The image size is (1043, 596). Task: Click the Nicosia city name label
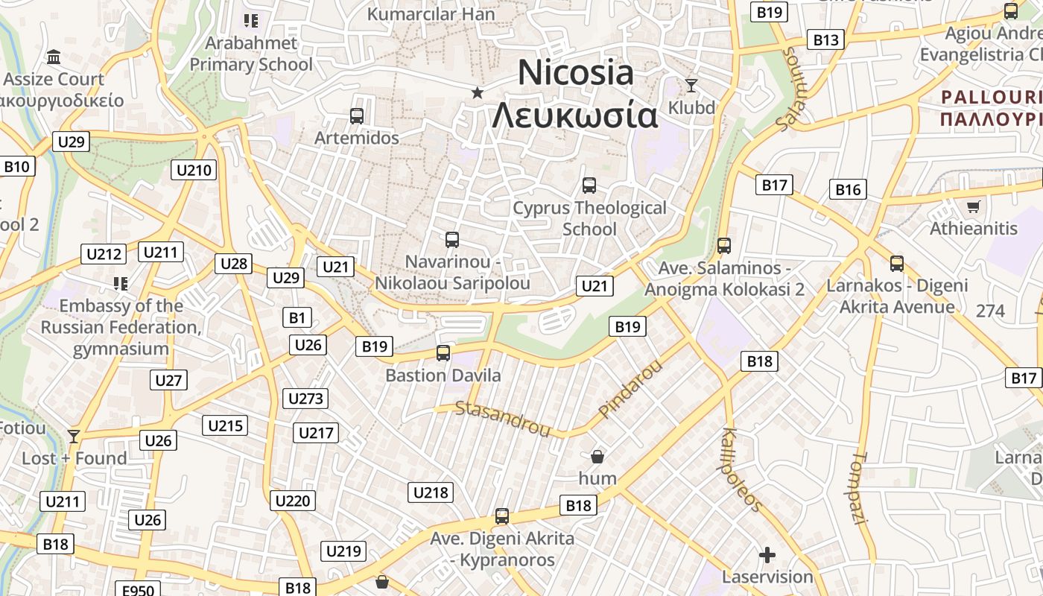576,73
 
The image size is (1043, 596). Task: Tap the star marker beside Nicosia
478,92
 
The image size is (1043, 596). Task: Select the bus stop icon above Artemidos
357,116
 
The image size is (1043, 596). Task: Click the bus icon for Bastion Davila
443,353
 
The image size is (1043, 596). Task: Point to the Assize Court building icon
54,57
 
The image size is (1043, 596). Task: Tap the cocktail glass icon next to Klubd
691,86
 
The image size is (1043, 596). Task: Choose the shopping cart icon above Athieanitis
973,206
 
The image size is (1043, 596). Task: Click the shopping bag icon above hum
597,456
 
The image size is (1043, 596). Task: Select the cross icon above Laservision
767,555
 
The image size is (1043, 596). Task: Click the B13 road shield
825,40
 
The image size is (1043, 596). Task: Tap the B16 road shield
848,189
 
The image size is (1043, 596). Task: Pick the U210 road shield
194,170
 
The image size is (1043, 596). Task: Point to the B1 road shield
297,318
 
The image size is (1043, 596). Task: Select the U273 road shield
305,399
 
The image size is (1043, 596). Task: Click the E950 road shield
138,590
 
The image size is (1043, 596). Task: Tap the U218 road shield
431,492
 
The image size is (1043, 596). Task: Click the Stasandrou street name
502,419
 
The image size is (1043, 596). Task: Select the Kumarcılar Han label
431,14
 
